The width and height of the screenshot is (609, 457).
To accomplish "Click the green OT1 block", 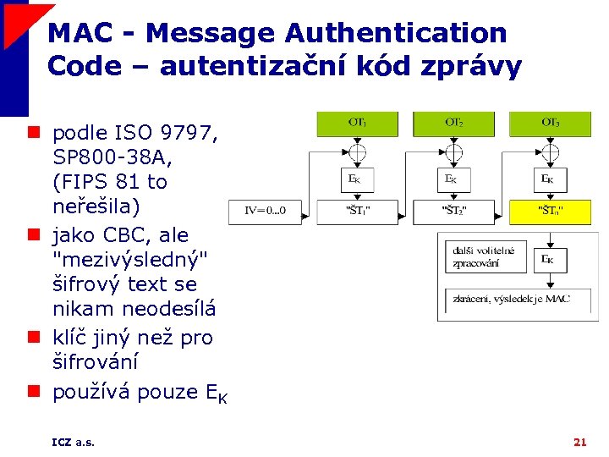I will click(x=358, y=124).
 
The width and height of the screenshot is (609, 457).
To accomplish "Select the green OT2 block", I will click(x=454, y=124).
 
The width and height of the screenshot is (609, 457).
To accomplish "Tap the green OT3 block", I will click(x=551, y=124).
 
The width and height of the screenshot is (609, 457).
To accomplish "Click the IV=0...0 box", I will click(x=265, y=210).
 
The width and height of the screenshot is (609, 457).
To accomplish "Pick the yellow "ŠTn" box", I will click(x=551, y=209).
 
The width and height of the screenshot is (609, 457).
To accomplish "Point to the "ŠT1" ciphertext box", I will click(x=358, y=209).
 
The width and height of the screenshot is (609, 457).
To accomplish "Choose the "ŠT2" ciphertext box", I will click(x=454, y=209).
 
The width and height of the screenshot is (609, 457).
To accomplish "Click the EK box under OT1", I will click(x=358, y=179).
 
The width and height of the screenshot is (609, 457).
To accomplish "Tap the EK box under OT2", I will click(x=454, y=179).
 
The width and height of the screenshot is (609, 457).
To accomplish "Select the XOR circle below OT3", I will click(x=551, y=153).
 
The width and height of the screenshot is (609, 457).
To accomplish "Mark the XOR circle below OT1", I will click(x=358, y=153).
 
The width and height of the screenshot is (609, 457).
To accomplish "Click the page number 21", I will click(x=579, y=442).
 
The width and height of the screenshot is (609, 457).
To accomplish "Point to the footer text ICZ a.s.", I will click(x=73, y=442).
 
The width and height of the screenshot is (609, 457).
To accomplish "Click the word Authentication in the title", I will click(x=396, y=34).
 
